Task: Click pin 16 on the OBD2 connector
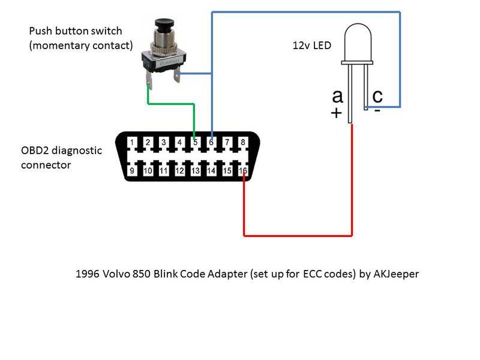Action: point(243,171)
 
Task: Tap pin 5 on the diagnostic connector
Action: point(195,143)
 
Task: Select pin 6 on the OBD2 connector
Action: point(211,143)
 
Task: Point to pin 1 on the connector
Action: point(131,143)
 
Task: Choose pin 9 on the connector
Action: point(131,171)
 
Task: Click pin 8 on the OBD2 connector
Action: point(243,143)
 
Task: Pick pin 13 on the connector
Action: point(195,171)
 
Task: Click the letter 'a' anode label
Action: point(337,96)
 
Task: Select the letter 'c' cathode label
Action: point(377,96)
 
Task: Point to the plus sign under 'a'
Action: point(336,113)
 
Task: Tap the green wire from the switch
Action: point(171,103)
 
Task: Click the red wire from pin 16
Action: point(297,235)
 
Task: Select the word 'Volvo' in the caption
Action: point(119,274)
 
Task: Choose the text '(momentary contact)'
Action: point(80,46)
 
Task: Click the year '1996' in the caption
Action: point(88,274)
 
